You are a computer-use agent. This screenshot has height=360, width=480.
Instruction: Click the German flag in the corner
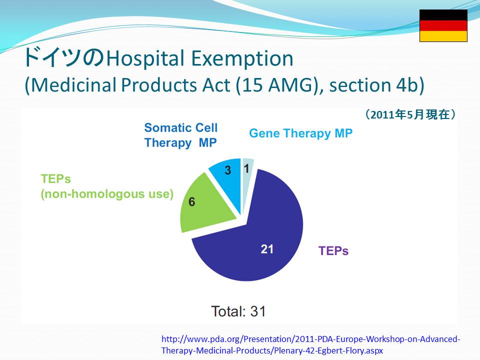(443, 25)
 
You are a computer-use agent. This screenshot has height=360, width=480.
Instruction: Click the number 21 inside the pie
(267, 249)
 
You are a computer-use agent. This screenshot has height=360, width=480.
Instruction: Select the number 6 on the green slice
(191, 201)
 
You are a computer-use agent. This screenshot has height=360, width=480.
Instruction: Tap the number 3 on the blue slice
(228, 170)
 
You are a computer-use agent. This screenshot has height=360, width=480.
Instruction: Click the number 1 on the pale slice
(246, 168)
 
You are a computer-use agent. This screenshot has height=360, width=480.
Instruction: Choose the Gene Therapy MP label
(300, 133)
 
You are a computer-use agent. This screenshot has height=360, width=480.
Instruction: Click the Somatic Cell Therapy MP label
(181, 135)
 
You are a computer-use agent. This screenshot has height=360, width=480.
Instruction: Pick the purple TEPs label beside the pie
(333, 250)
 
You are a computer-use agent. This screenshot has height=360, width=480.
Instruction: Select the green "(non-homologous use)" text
(107, 194)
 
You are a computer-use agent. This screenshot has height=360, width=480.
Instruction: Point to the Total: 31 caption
(238, 311)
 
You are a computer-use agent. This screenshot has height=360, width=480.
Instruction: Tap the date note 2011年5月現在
(410, 114)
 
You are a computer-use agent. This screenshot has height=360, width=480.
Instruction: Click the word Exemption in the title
(242, 58)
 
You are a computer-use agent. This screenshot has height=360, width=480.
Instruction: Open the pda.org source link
(310, 344)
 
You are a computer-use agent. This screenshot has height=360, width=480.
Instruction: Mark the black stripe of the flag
(443, 15)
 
